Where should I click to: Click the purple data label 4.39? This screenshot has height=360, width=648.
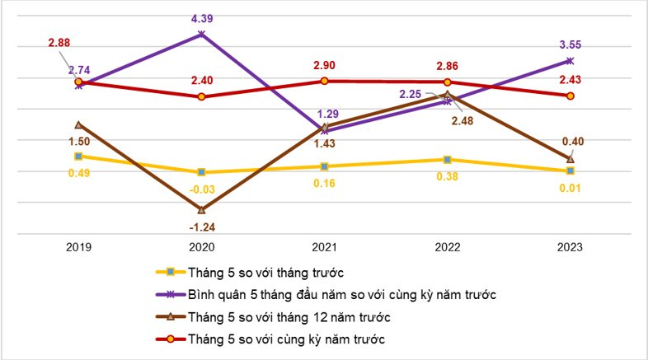[201, 17]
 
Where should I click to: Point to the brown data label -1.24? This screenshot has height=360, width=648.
[201, 226]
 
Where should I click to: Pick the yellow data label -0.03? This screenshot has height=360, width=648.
[201, 189]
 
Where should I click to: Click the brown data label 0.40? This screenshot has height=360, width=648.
[573, 142]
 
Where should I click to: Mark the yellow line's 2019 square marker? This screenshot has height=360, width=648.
[78, 156]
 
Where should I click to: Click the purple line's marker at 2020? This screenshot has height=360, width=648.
[202, 34]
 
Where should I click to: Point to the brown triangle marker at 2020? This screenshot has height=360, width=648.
[202, 209]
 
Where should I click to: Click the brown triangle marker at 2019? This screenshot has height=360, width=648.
[78, 124]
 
